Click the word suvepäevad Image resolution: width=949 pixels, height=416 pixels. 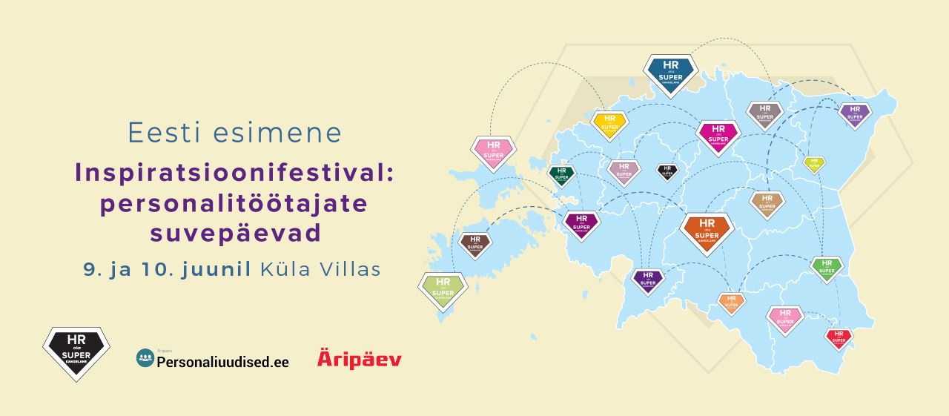[235, 233]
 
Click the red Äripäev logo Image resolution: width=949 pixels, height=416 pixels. [360, 359]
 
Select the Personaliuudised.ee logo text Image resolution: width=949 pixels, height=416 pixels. [222, 362]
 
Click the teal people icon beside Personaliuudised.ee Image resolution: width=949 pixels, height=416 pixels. [145, 358]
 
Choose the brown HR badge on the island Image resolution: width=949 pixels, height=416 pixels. [475, 244]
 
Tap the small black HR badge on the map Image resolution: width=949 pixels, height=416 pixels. [667, 171]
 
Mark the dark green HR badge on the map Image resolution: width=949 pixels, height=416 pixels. [561, 175]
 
